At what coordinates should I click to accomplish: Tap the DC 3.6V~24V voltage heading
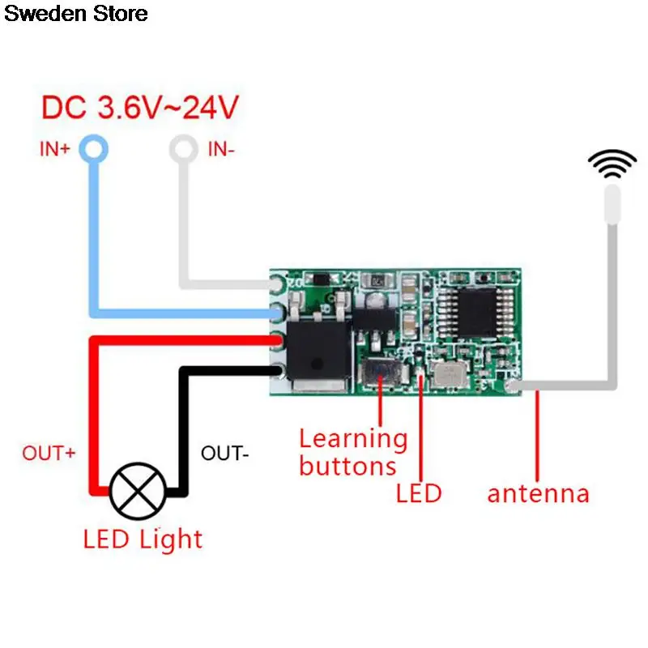141,108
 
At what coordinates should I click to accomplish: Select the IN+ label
55,149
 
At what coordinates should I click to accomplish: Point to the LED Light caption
143,539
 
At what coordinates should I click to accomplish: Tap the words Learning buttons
353,452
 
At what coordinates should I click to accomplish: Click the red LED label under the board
418,493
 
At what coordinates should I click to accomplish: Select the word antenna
538,493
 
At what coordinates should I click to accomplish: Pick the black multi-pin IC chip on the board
472,312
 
